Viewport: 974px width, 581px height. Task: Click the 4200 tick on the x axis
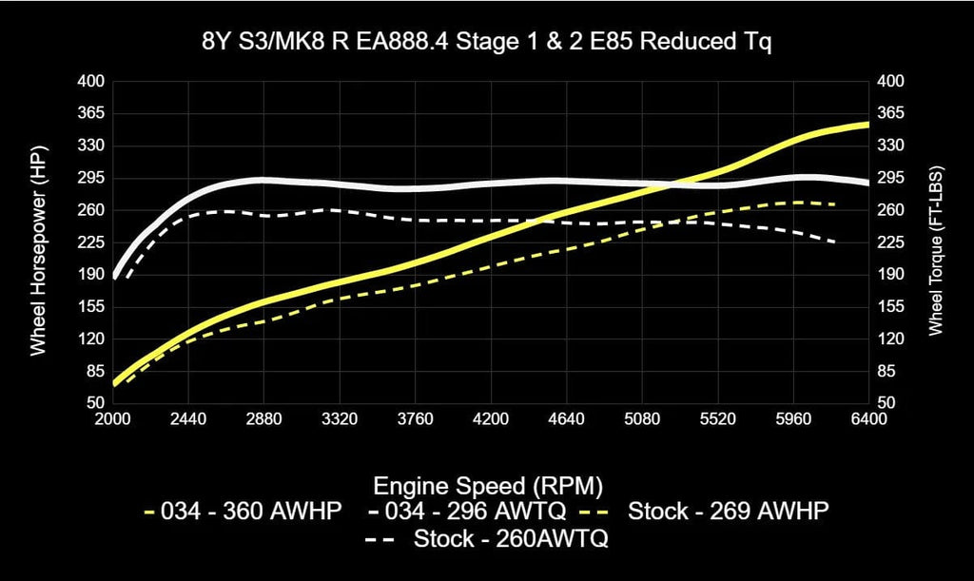click(491, 418)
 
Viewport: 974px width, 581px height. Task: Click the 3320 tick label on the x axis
click(340, 418)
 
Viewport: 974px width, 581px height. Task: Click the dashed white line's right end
click(836, 242)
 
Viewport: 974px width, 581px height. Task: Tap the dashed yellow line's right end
click(836, 204)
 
